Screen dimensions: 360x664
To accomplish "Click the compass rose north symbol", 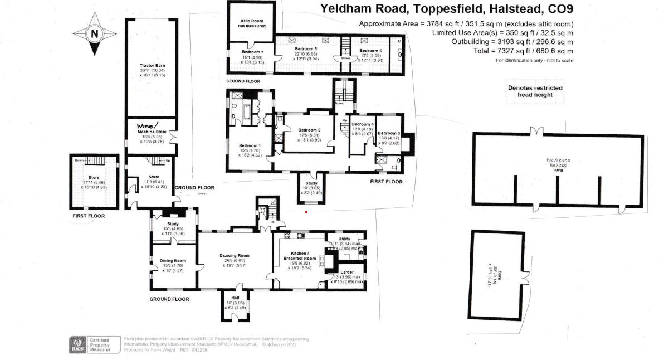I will (x=95, y=34).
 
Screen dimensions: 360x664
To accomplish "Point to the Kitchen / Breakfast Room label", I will (x=301, y=255).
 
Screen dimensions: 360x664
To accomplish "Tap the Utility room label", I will (x=344, y=239).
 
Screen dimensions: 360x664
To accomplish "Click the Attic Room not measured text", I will (x=250, y=23).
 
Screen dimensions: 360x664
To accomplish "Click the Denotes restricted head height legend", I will (x=535, y=91).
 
